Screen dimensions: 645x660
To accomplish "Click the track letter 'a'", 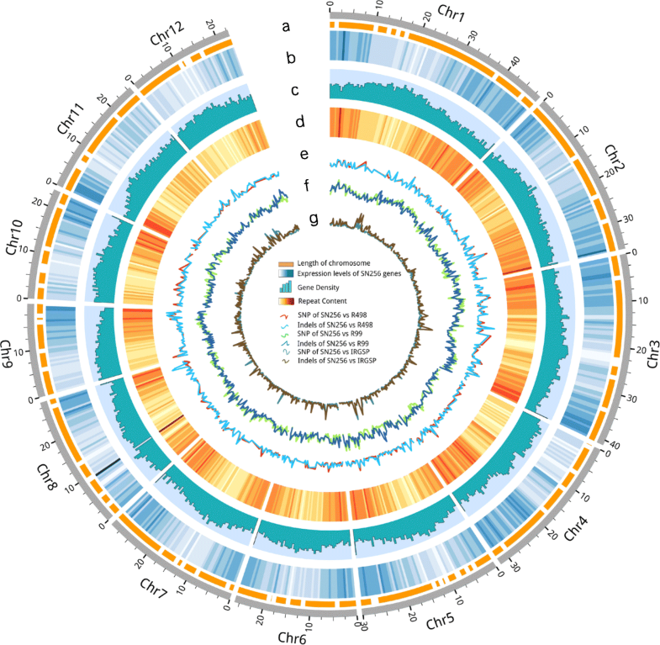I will click(x=287, y=27).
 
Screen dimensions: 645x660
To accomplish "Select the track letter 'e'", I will click(x=304, y=154).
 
